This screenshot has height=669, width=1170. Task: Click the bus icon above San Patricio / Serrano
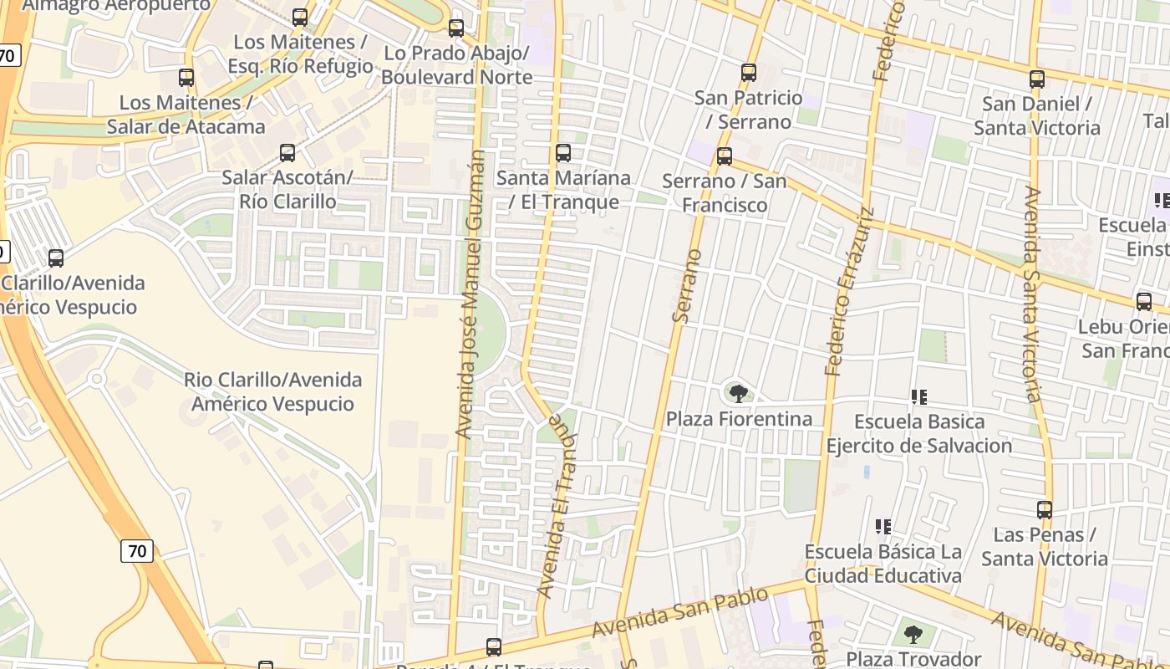749,73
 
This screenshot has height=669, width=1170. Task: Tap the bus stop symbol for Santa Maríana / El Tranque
563,153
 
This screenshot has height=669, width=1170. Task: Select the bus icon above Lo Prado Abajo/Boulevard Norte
456,28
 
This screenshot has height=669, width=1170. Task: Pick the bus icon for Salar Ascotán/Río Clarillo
287,153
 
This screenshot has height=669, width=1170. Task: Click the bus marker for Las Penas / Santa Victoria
1045,510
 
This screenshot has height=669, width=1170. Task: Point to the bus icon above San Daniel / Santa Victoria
1037,79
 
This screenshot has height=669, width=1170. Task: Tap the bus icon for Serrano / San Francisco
725,156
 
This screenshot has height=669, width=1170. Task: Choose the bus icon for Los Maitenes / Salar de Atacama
186,78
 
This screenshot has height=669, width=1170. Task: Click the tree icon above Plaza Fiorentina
738,393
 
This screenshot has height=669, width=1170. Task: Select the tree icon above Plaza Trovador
913,634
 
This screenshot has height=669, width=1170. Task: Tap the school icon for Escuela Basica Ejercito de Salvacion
919,396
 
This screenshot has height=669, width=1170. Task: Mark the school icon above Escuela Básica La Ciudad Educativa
883,527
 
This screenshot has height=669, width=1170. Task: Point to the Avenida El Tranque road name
558,506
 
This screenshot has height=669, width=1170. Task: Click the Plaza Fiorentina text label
739,418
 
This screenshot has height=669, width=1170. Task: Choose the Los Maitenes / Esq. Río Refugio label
303,54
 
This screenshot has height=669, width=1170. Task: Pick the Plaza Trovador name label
913,659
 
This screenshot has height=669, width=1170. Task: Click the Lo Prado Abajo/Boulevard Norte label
458,65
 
